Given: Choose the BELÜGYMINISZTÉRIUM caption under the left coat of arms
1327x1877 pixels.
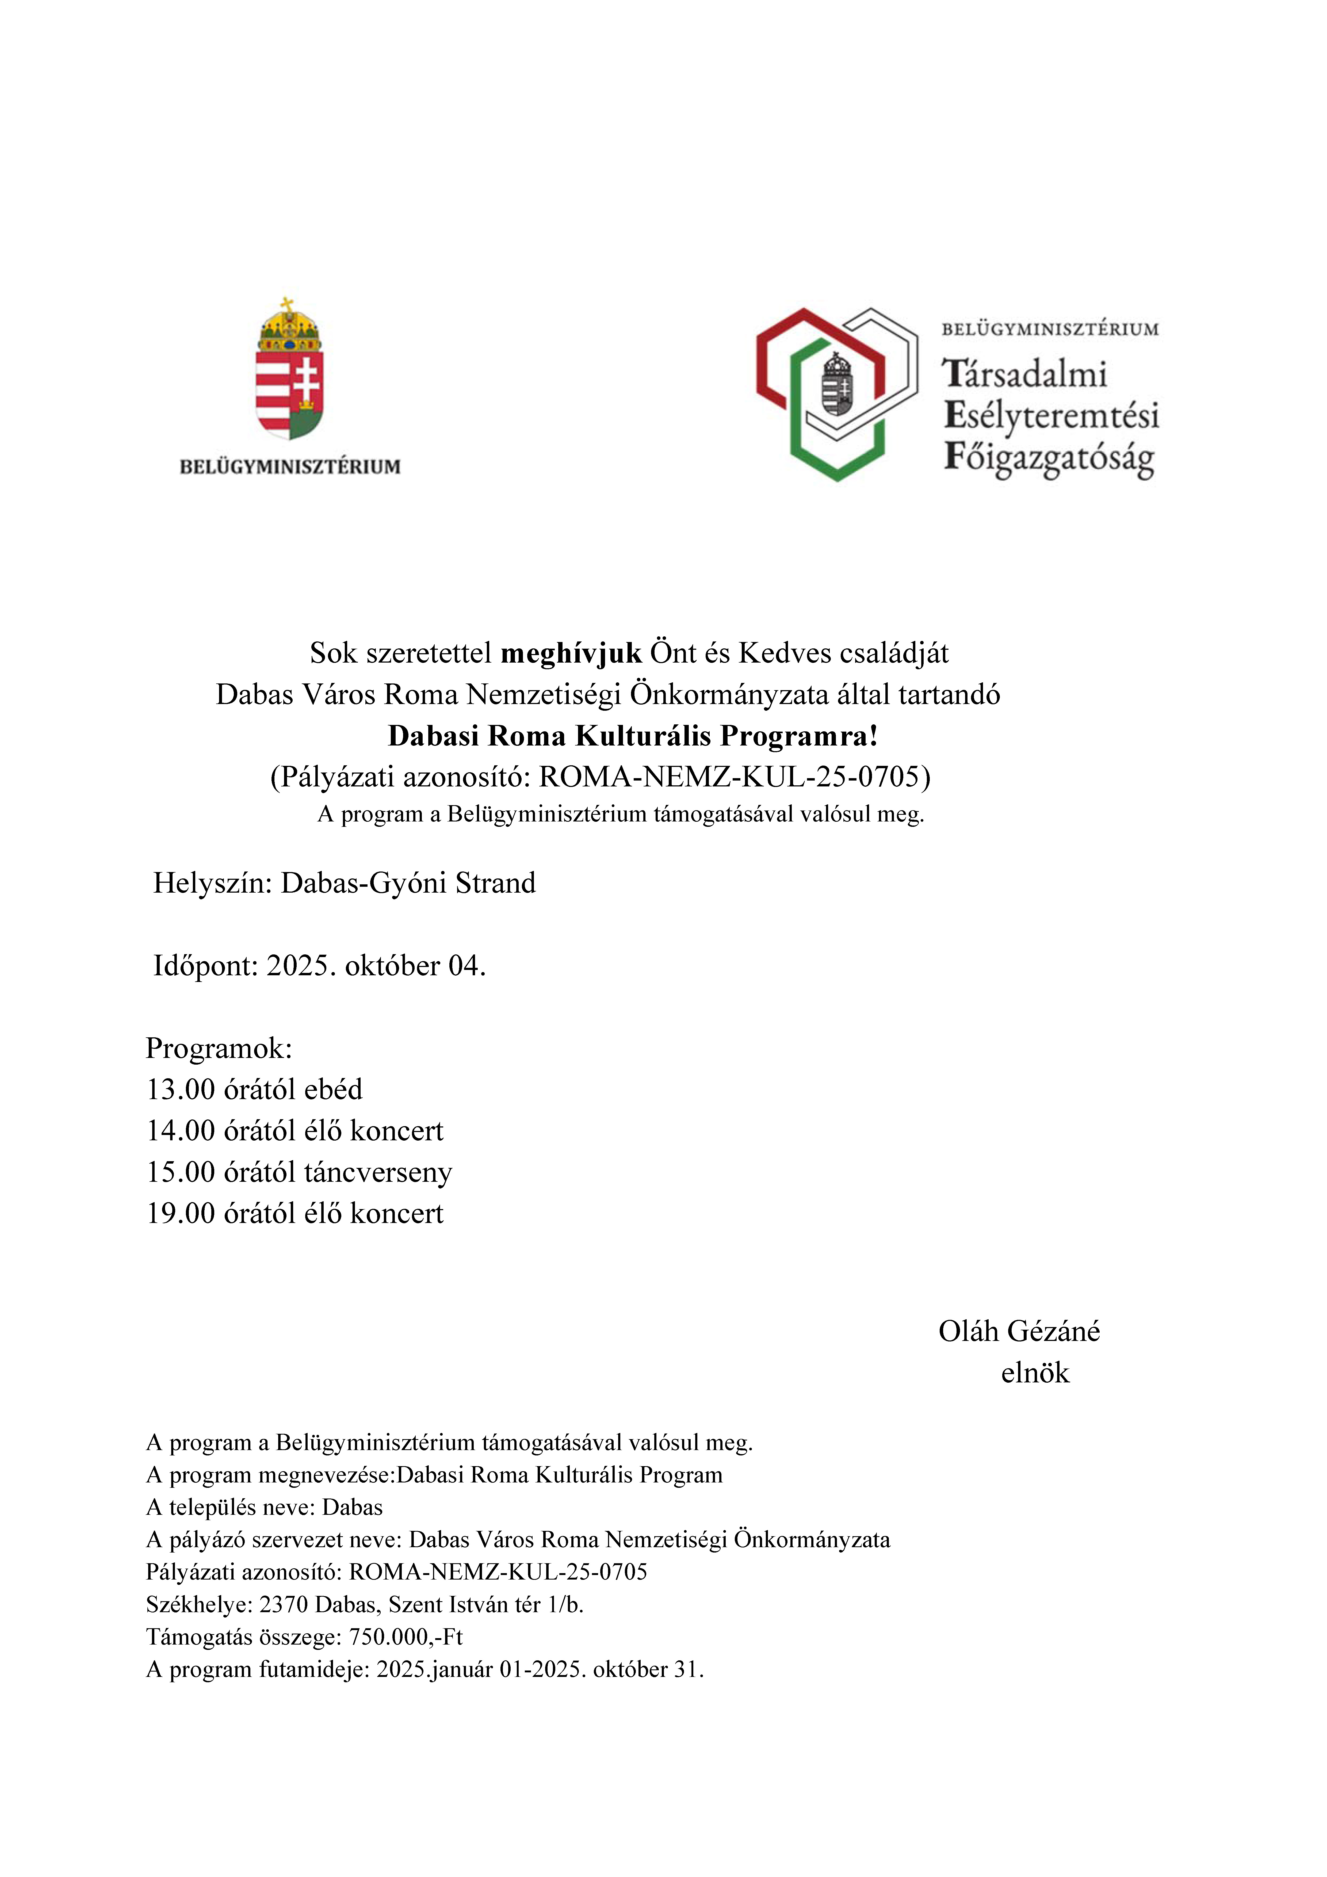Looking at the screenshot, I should (x=290, y=467).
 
